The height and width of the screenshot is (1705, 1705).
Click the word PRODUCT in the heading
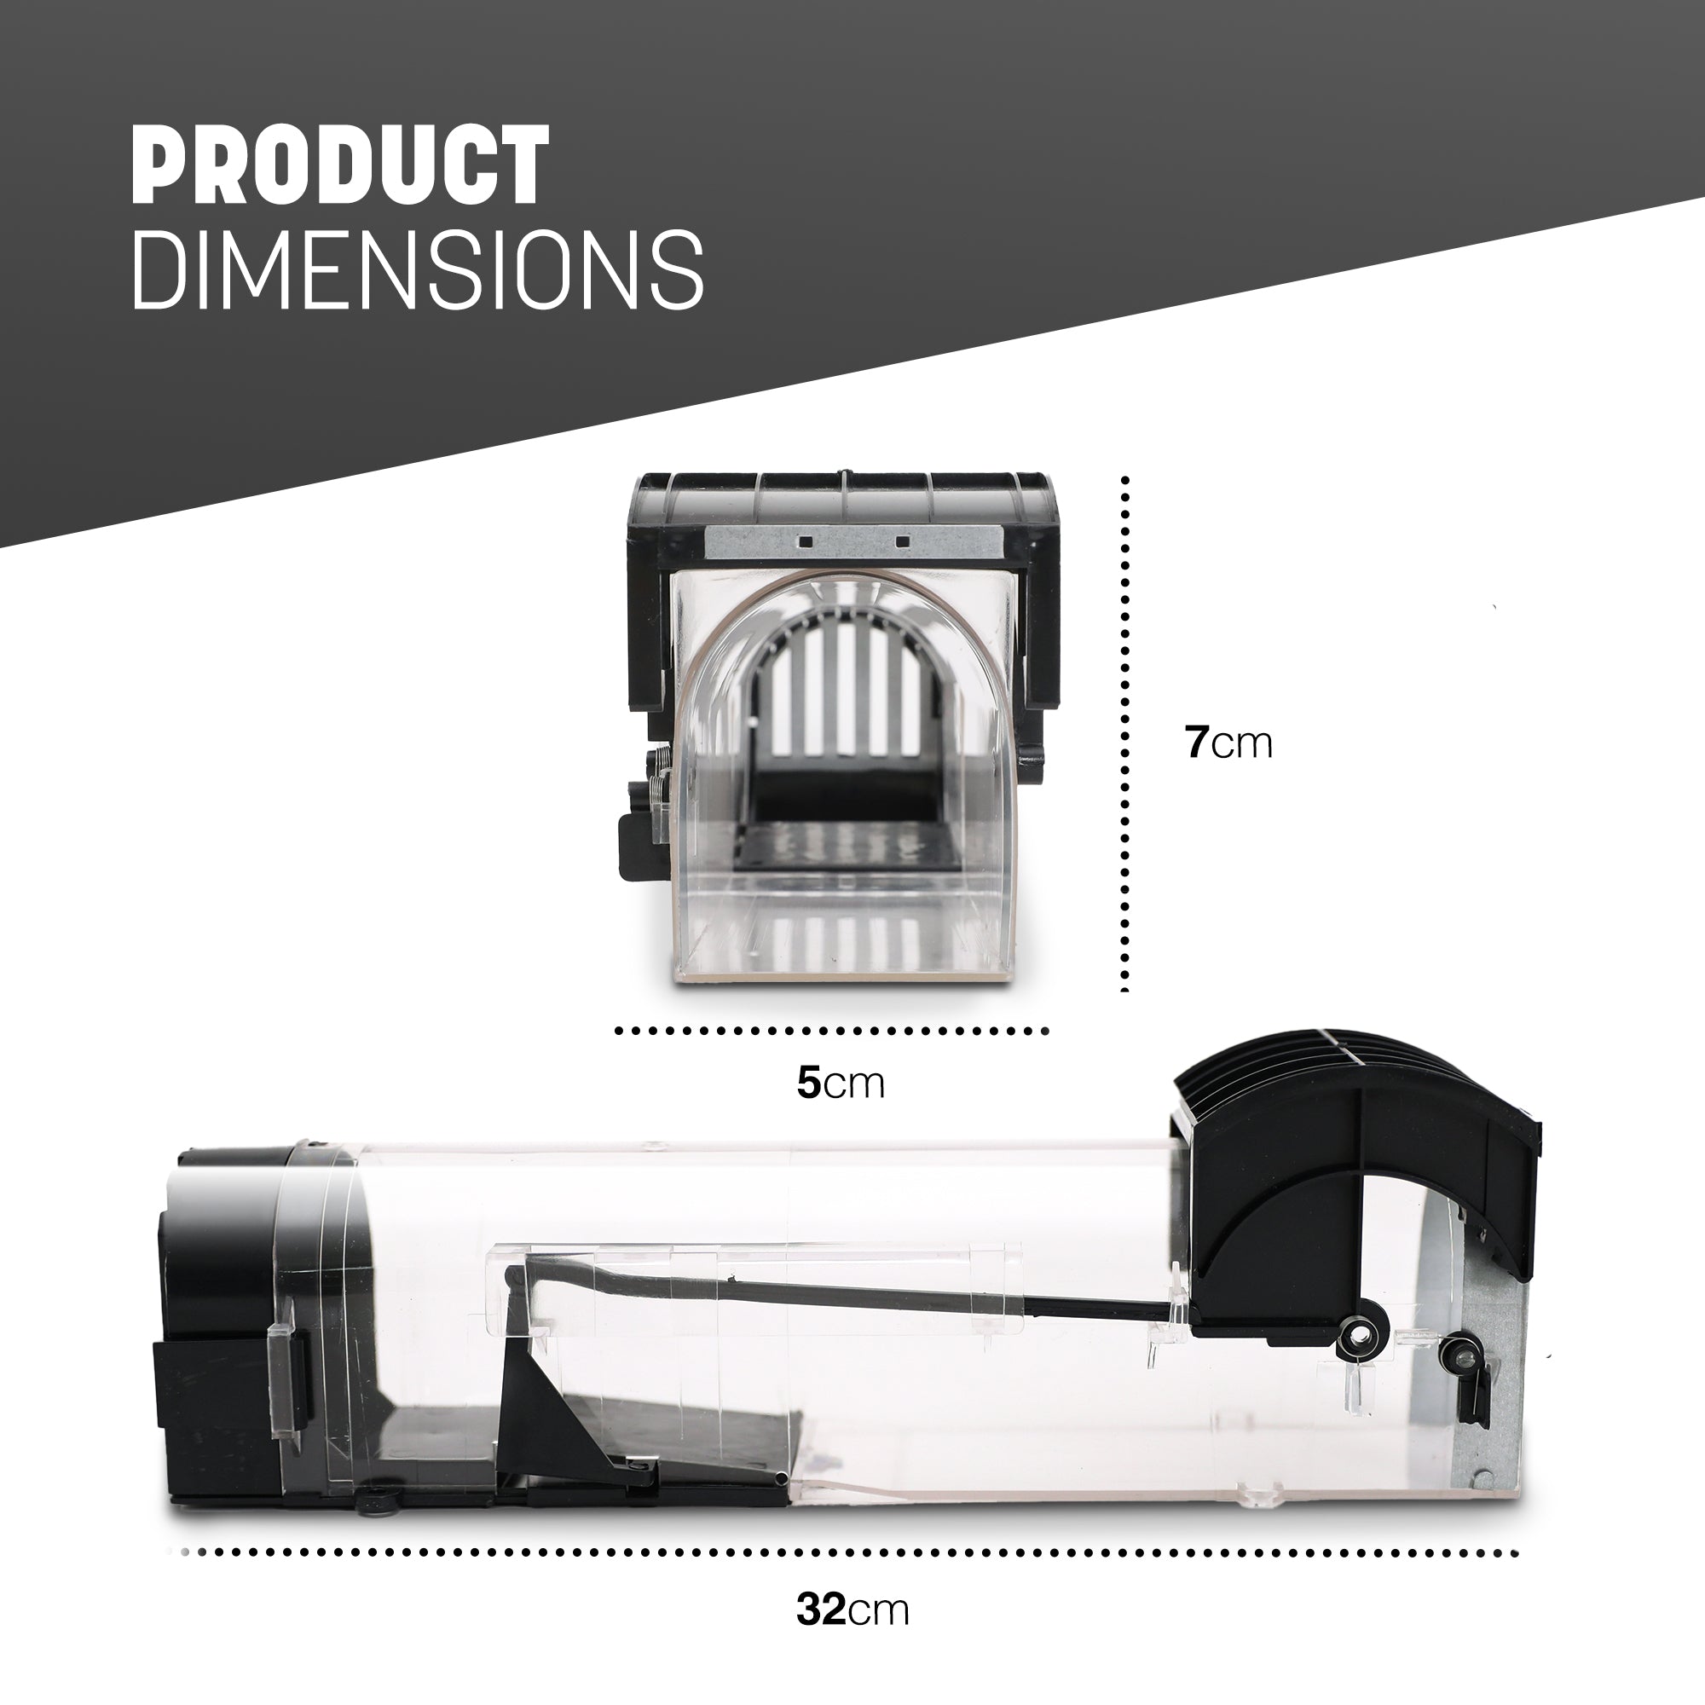click(340, 165)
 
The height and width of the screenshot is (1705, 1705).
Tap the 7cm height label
click(1228, 743)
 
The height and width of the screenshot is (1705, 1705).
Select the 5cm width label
click(841, 1083)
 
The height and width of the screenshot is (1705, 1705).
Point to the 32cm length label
click(852, 1610)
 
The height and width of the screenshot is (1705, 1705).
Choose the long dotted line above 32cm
click(850, 1552)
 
